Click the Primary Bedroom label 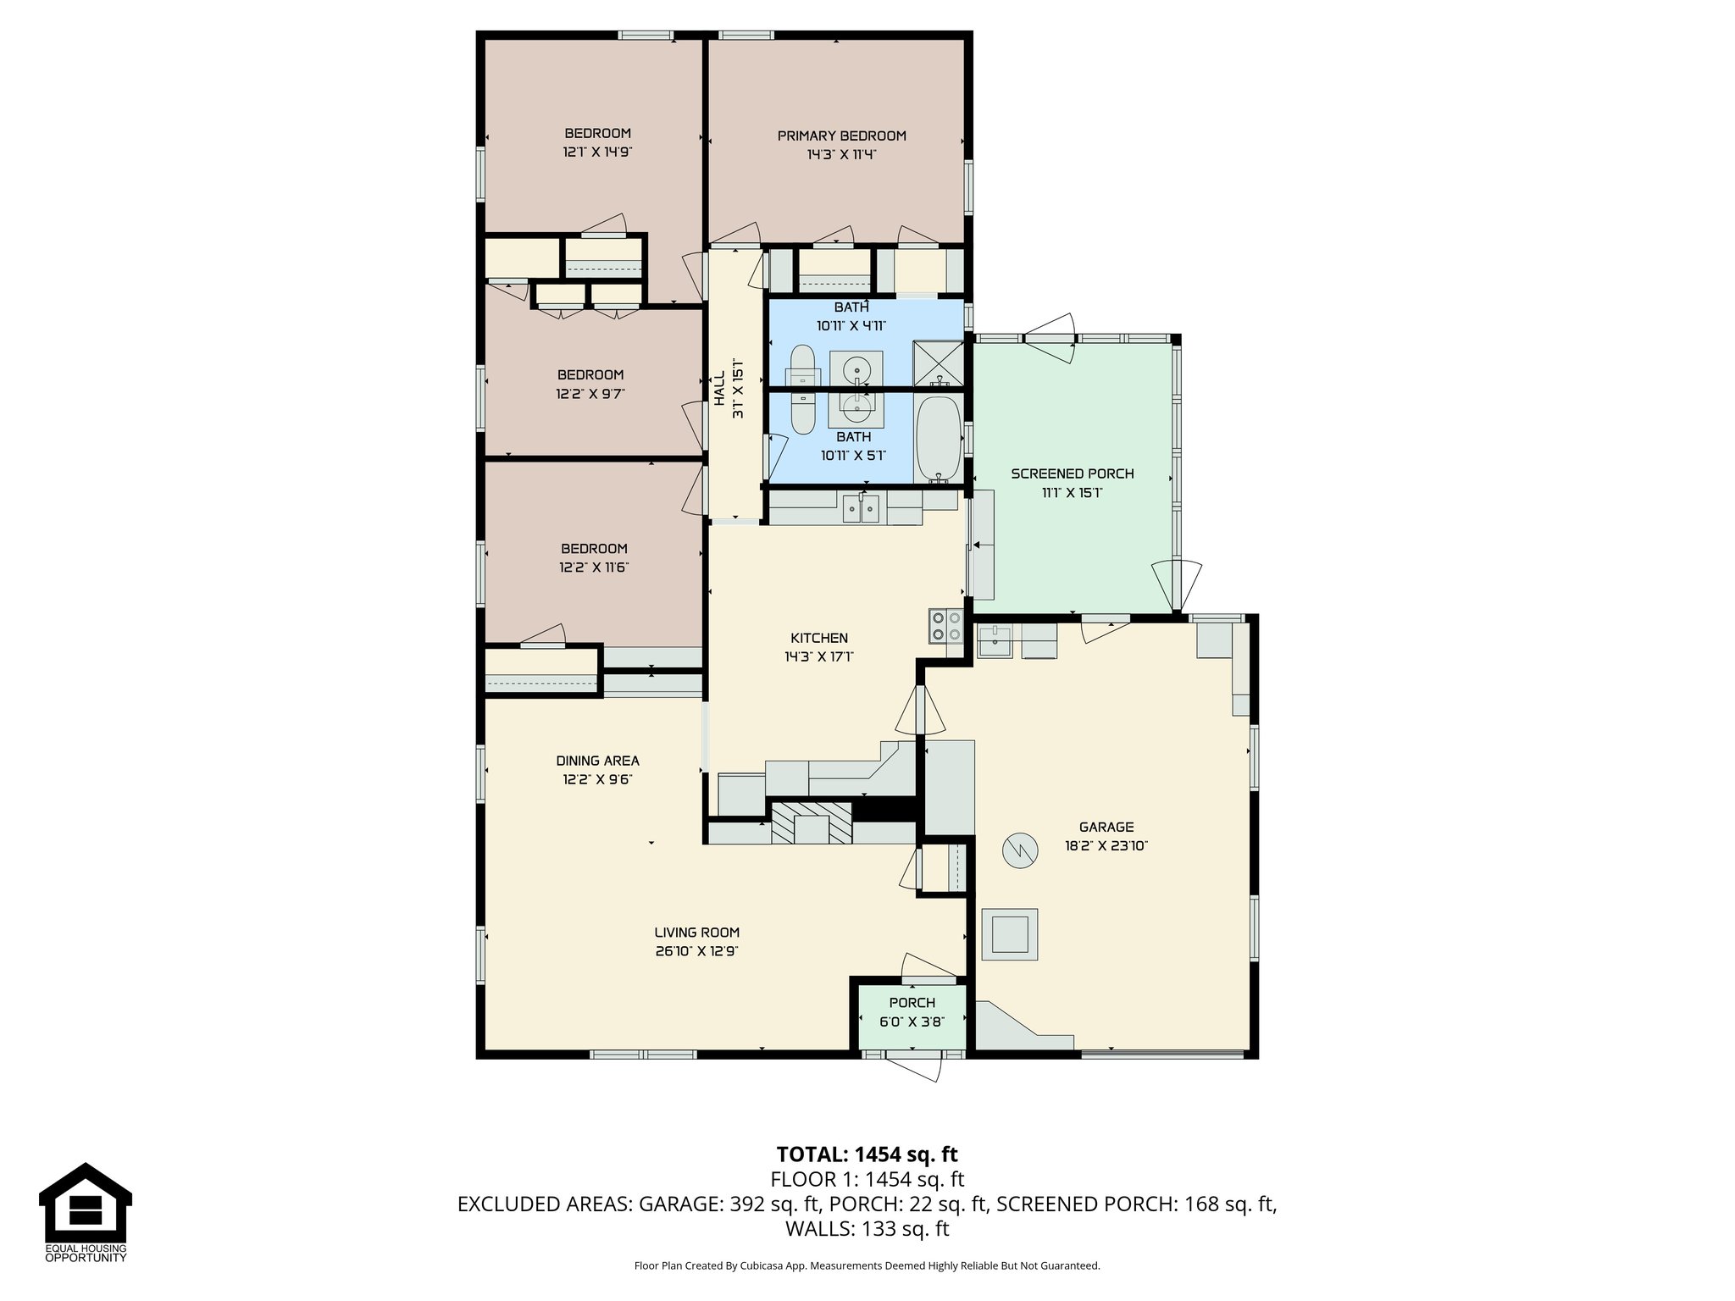(x=841, y=136)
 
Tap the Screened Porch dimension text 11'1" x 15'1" (x=1072, y=493)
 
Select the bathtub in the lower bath (x=938, y=440)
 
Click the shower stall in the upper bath (x=939, y=363)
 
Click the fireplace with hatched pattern (x=811, y=822)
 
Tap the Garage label (x=1106, y=827)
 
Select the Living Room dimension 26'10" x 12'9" (x=696, y=951)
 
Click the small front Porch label (x=912, y=1003)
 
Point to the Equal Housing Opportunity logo (x=86, y=1212)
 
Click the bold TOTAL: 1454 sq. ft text (x=867, y=1154)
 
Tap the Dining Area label (x=597, y=761)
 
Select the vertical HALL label (x=718, y=388)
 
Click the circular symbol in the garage (x=1020, y=850)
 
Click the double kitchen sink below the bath (x=861, y=509)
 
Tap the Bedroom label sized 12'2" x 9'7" (x=590, y=374)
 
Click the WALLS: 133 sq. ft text (x=867, y=1228)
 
